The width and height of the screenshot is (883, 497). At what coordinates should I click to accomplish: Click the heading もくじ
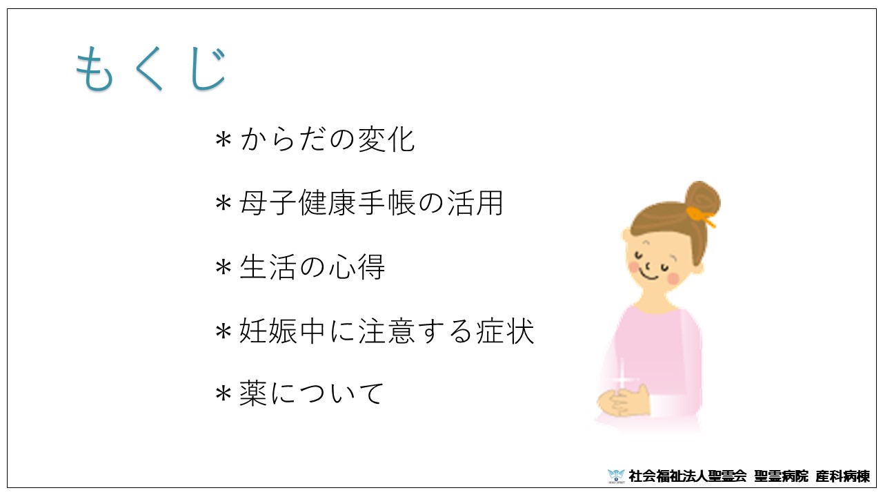151,69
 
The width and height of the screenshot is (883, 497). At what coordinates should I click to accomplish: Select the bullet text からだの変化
327,139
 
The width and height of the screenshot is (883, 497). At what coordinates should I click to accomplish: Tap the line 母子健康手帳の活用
371,203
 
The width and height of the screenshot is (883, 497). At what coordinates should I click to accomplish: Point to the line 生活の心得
312,266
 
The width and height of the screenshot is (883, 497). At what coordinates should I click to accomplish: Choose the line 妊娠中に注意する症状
386,331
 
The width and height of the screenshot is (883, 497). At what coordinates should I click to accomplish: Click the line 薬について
311,393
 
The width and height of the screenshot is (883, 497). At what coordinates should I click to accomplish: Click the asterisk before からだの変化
223,140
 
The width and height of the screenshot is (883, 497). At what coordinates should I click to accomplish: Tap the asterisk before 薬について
223,394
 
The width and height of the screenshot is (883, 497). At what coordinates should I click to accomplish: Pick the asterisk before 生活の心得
223,267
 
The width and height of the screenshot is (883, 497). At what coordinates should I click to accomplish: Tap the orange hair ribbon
700,217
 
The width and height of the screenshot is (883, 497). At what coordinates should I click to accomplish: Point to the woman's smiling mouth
648,275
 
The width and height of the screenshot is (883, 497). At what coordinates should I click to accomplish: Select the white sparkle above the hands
622,380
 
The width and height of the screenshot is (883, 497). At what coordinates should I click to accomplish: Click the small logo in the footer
616,476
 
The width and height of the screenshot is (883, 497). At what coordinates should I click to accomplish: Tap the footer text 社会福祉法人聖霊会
688,476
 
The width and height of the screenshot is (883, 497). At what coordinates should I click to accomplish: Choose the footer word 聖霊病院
781,476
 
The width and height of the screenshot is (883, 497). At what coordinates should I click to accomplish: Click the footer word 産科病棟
842,476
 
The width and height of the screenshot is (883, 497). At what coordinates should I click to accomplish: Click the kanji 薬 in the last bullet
253,393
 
